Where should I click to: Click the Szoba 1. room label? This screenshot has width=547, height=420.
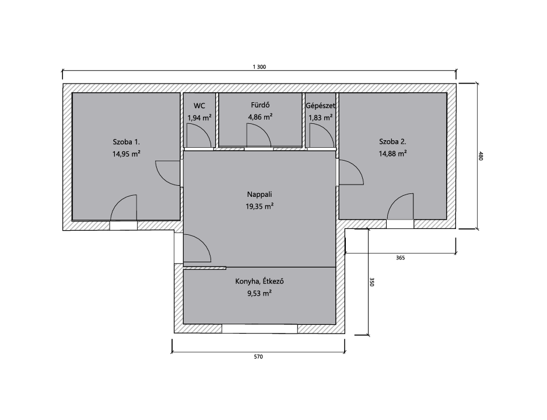tap(127, 142)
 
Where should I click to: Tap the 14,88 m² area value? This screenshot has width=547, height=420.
tap(393, 154)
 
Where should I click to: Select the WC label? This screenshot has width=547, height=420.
tap(199, 106)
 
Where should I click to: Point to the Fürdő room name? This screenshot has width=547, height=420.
tap(260, 105)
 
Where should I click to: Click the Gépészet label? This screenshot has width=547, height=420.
tap(320, 106)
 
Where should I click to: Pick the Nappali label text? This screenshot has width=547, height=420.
tap(260, 195)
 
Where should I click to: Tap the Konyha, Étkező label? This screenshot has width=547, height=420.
tap(260, 282)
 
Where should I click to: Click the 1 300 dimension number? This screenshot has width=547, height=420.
tap(259, 67)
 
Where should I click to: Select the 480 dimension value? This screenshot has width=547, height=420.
tap(481, 156)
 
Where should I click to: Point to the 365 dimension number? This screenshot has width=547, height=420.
tap(401, 258)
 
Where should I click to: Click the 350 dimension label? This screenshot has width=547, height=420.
tap(372, 282)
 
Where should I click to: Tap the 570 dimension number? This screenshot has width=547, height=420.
tap(258, 357)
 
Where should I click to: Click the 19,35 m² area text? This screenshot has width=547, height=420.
tap(260, 207)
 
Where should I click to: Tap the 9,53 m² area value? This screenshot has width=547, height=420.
tap(260, 293)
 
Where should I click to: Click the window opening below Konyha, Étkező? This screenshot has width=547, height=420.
tap(260, 328)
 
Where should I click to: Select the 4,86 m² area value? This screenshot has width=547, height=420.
tap(260, 117)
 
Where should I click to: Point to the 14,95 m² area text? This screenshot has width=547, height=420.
tap(127, 154)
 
